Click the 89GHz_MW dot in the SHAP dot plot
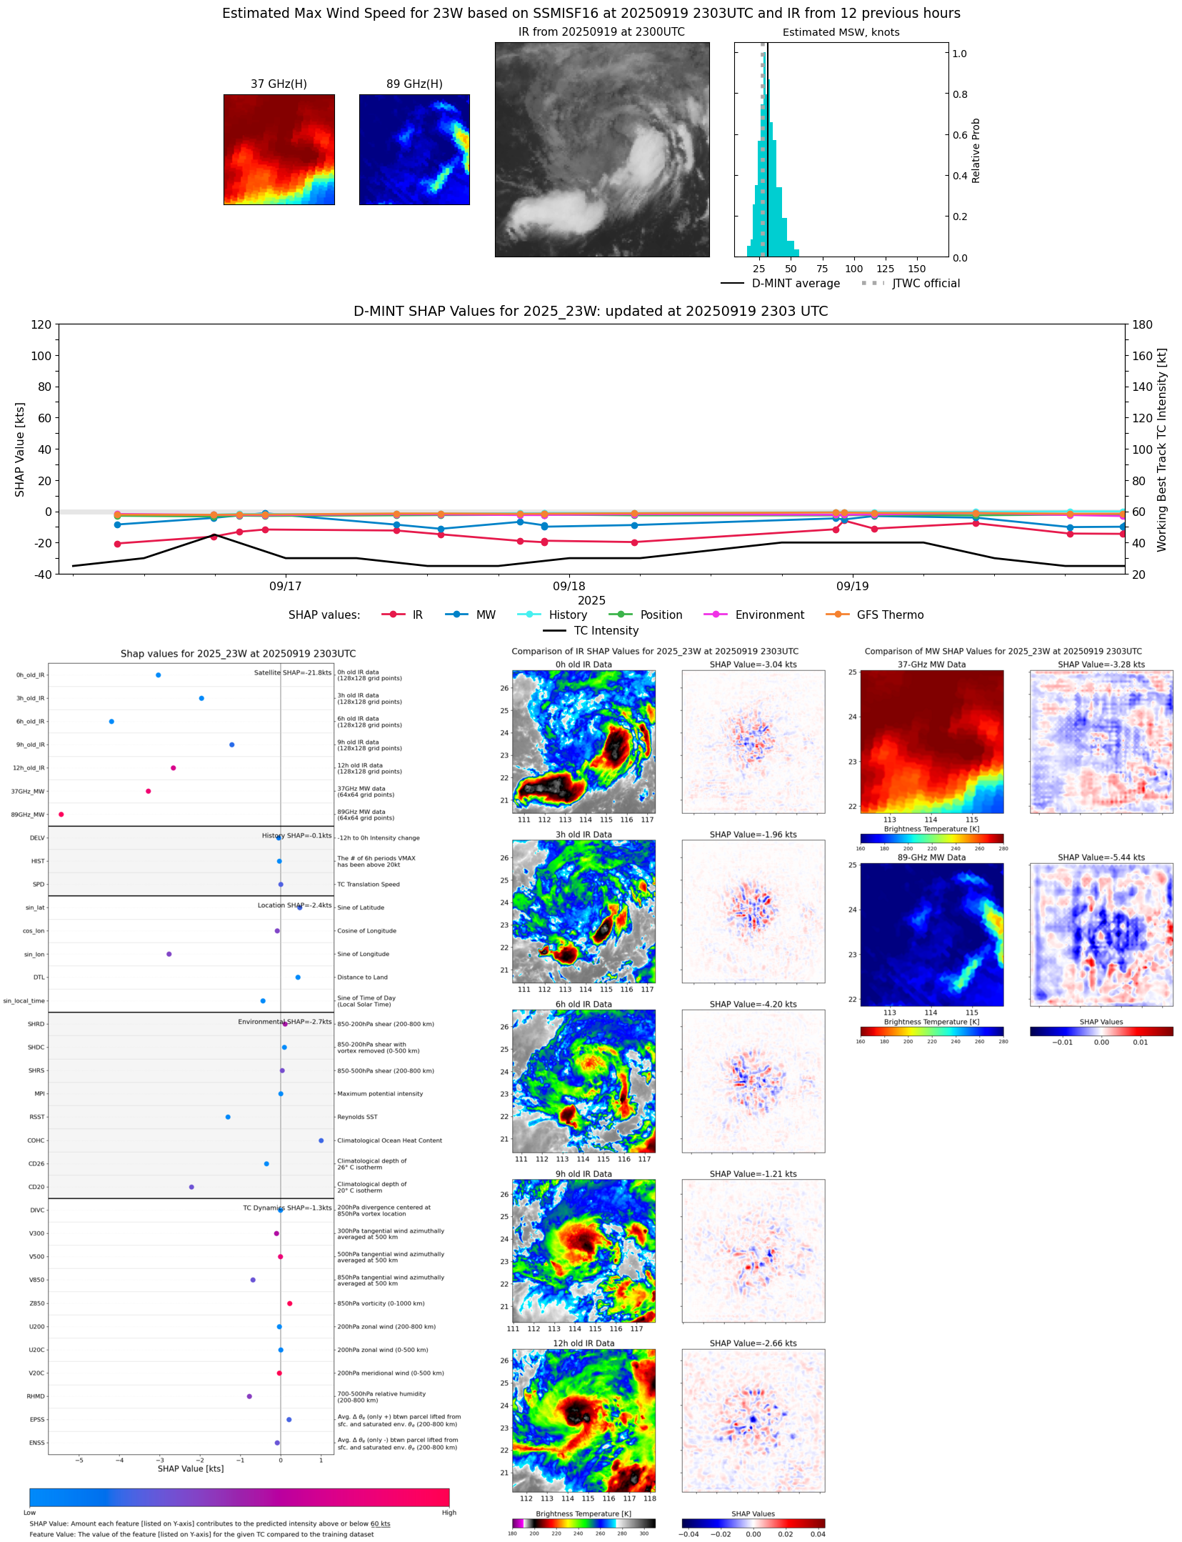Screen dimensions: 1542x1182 pos(61,814)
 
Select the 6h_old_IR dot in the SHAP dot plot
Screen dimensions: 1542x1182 pos(111,721)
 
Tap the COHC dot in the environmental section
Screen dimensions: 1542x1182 pos(321,1140)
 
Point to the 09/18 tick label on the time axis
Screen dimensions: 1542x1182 pos(569,586)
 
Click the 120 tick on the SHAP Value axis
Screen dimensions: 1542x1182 pos(41,324)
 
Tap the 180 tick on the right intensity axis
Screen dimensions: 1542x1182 pos(1142,324)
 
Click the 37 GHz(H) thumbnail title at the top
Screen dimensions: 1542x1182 pos(279,84)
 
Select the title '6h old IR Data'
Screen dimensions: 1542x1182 pos(584,1004)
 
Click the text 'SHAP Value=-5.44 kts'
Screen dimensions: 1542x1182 pos(1101,857)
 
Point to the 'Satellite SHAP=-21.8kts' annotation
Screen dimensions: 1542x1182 pos(293,672)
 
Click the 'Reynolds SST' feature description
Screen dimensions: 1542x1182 pos(357,1117)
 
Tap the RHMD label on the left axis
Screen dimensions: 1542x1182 pos(36,1396)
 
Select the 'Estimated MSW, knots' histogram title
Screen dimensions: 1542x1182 pos(841,32)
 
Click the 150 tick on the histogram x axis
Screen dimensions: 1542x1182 pos(916,269)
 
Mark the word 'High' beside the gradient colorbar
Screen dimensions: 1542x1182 pos(449,1513)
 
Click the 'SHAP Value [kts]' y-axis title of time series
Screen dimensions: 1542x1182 pos(20,449)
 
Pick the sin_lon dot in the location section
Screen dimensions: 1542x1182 pos(169,954)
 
